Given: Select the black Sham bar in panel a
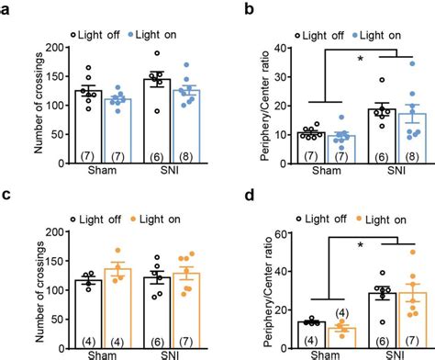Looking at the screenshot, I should [88, 119].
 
